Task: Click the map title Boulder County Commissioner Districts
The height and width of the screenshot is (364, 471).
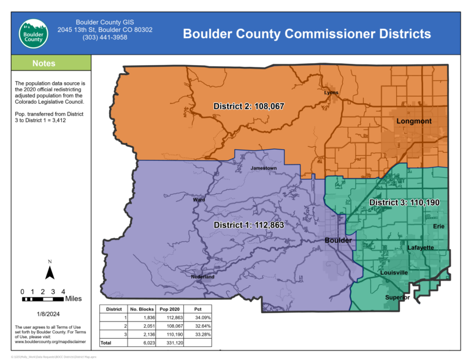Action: (307, 34)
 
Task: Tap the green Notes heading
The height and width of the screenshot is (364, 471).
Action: (44, 63)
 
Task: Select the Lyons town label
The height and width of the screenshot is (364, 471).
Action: (331, 93)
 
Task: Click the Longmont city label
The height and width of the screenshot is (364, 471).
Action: (413, 121)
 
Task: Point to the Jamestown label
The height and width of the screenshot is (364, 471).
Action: (263, 168)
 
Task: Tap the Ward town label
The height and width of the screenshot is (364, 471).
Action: (199, 199)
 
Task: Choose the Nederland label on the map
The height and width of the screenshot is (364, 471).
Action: (202, 277)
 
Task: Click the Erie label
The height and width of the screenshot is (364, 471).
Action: (438, 227)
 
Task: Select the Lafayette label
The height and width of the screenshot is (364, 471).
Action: (421, 247)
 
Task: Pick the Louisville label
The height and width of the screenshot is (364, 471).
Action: (394, 272)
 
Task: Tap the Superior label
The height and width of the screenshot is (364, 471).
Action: (397, 297)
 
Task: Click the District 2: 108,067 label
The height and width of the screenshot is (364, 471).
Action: (248, 106)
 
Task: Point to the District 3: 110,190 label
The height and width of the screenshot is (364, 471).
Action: (404, 202)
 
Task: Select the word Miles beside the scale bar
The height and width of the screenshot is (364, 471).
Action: (73, 299)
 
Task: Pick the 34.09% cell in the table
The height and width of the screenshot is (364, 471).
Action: (202, 317)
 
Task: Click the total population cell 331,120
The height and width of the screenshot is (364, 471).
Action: (168, 343)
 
